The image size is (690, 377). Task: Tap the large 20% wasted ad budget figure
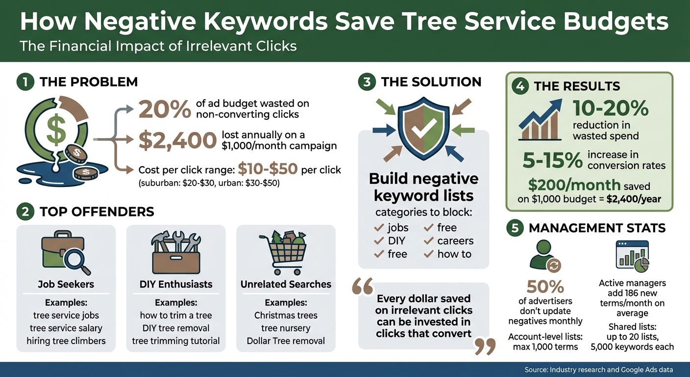[x=165, y=109]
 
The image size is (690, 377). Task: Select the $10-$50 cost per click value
[x=268, y=169]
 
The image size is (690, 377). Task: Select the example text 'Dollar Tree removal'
[x=286, y=341]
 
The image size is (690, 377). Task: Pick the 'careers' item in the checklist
[x=455, y=241]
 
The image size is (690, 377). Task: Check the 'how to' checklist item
[x=454, y=254]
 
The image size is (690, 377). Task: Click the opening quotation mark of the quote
[x=363, y=288]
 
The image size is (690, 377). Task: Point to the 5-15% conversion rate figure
[x=550, y=160]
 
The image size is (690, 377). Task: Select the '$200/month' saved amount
[x=574, y=185]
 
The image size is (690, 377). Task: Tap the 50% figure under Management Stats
[x=545, y=287]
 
